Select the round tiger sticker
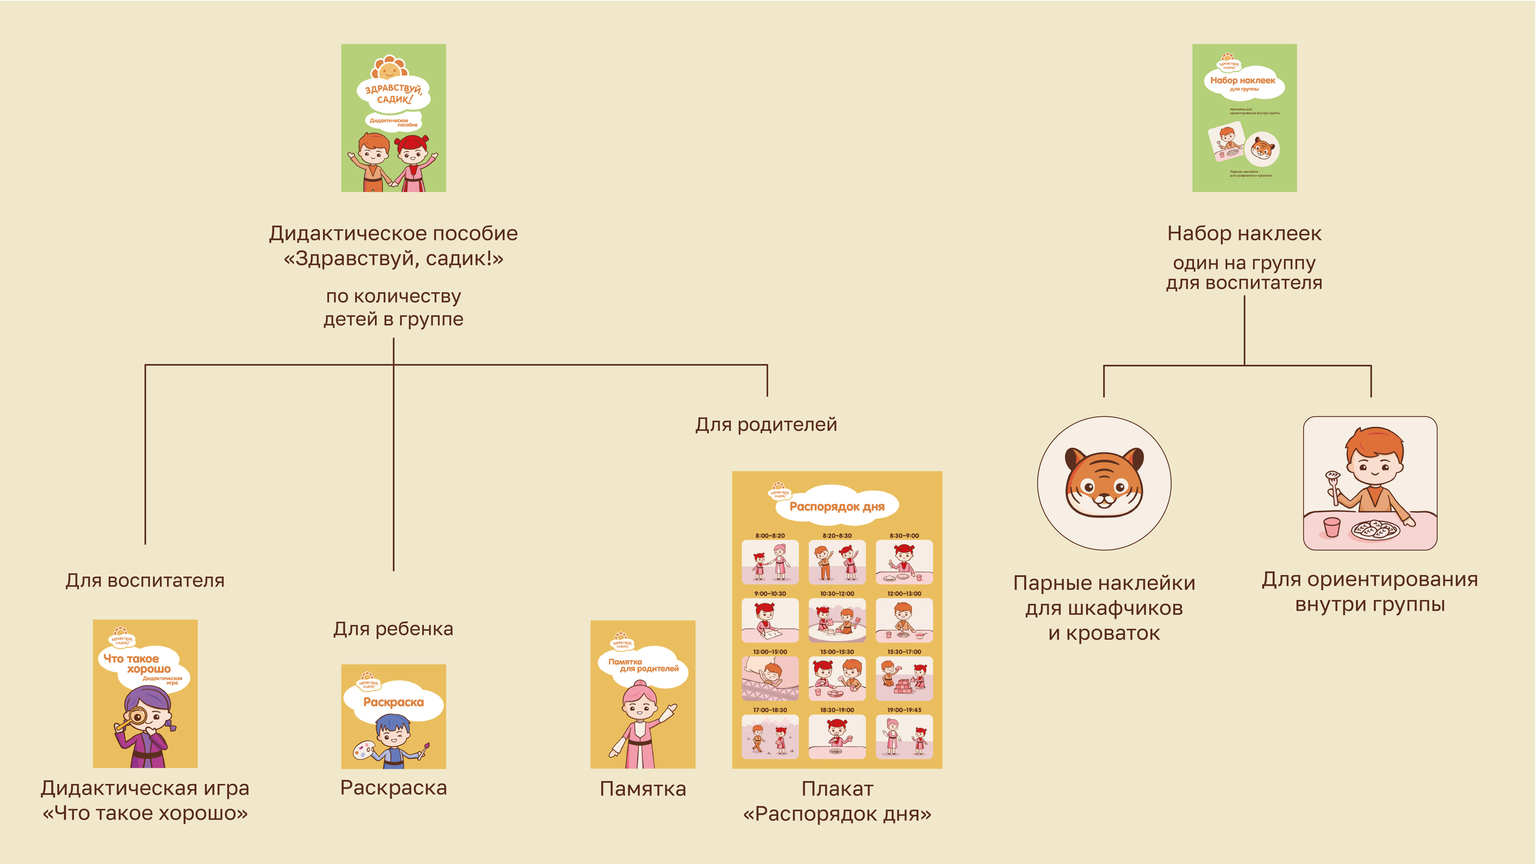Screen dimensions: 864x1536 [1104, 483]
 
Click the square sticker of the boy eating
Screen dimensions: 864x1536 [1370, 483]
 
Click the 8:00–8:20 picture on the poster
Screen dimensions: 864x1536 [770, 562]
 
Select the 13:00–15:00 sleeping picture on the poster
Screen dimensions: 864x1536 [770, 679]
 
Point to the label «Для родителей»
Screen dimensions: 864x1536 [766, 425]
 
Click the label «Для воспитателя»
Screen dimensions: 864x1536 [145, 580]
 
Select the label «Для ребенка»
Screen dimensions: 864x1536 [394, 628]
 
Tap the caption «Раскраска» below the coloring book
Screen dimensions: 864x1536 [394, 788]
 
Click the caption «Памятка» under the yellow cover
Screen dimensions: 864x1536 [643, 789]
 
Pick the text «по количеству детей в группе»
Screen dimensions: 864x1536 [394, 308]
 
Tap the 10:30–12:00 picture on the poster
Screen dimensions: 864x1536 [837, 620]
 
